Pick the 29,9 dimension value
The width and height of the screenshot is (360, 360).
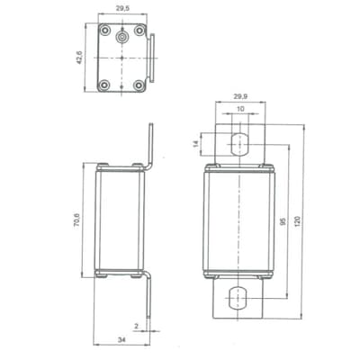(x=239, y=95)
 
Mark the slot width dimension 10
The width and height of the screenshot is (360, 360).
(x=239, y=110)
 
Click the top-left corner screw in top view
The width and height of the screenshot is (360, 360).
(x=103, y=30)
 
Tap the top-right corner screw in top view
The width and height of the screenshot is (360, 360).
(x=139, y=30)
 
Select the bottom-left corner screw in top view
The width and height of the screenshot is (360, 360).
(x=103, y=85)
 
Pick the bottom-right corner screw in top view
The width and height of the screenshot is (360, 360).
(x=139, y=85)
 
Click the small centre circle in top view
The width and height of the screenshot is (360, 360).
(x=121, y=39)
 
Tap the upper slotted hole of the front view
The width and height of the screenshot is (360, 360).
(x=239, y=144)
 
